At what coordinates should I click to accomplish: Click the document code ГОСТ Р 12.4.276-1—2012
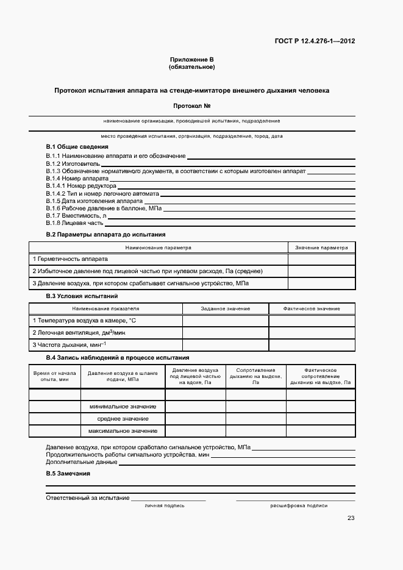(316, 41)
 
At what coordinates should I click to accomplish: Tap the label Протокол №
(191, 106)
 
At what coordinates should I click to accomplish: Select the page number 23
(351, 518)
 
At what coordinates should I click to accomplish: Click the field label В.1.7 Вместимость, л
(76, 215)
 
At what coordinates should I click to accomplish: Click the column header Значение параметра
(321, 248)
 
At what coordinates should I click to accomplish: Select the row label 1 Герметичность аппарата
(70, 259)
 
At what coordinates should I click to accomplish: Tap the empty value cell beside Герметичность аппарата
(321, 259)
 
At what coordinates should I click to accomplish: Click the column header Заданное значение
(225, 309)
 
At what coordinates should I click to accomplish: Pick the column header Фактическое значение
(312, 309)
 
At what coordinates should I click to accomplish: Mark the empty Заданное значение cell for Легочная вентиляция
(225, 333)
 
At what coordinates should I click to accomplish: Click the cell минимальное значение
(123, 406)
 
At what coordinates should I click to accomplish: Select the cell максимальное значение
(123, 431)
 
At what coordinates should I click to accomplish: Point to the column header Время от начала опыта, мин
(54, 375)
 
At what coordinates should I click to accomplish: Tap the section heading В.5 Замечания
(68, 474)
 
